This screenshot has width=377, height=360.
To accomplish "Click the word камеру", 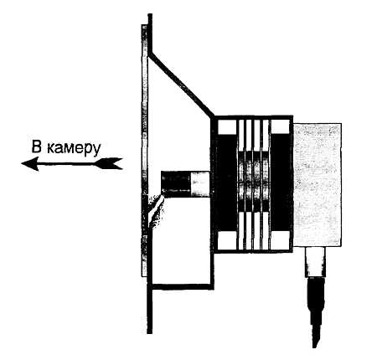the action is tap(74, 148).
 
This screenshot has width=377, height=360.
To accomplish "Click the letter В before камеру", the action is tap(37, 147).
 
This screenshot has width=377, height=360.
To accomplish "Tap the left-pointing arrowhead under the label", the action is tap(30, 163).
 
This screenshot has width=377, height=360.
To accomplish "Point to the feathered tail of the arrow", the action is tap(109, 163).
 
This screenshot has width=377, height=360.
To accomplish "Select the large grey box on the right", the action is tap(318, 185).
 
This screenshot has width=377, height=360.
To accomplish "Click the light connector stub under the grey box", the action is tap(315, 262).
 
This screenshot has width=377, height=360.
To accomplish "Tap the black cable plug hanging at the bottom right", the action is tap(316, 312).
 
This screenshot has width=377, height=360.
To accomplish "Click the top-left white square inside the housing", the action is tap(227, 126).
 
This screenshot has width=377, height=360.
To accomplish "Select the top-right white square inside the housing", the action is tap(280, 126).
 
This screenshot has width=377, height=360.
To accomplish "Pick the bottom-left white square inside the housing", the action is tap(227, 240).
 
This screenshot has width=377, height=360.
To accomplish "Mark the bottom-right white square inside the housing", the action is tap(280, 240).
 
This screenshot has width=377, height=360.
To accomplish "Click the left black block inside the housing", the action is tap(227, 183).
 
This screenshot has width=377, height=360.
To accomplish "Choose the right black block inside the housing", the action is tap(281, 183).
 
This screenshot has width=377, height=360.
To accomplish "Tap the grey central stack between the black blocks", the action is tap(254, 182).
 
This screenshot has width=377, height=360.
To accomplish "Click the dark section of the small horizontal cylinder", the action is tap(176, 183).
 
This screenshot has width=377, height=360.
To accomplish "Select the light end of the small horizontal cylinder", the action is tap(200, 183).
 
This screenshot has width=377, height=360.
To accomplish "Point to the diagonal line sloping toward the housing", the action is tap(181, 84).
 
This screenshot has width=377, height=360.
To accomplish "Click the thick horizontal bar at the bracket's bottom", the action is tap(181, 286).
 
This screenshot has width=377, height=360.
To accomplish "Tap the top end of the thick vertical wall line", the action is tap(150, 14).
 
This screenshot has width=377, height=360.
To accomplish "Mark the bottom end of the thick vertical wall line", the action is tap(150, 332).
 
